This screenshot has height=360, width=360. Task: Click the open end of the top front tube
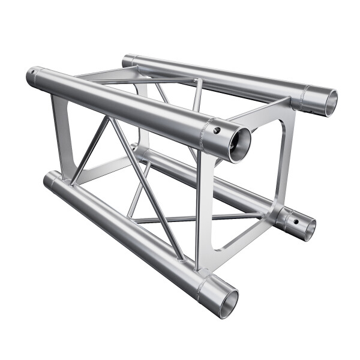(x=238, y=144)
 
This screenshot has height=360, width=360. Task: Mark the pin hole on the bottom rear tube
(x=295, y=219)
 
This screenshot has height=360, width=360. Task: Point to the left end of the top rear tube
(x=127, y=60)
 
